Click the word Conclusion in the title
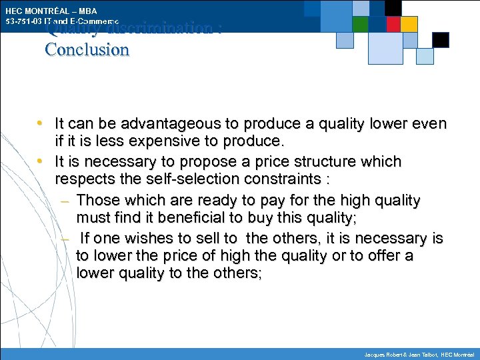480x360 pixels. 87,50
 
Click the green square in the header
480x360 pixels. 361,24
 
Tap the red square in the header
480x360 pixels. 393,24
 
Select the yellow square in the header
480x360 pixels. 409,24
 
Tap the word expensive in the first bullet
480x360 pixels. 180,141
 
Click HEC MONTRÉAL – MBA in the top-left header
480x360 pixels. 51,11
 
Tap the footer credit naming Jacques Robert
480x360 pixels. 420,353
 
